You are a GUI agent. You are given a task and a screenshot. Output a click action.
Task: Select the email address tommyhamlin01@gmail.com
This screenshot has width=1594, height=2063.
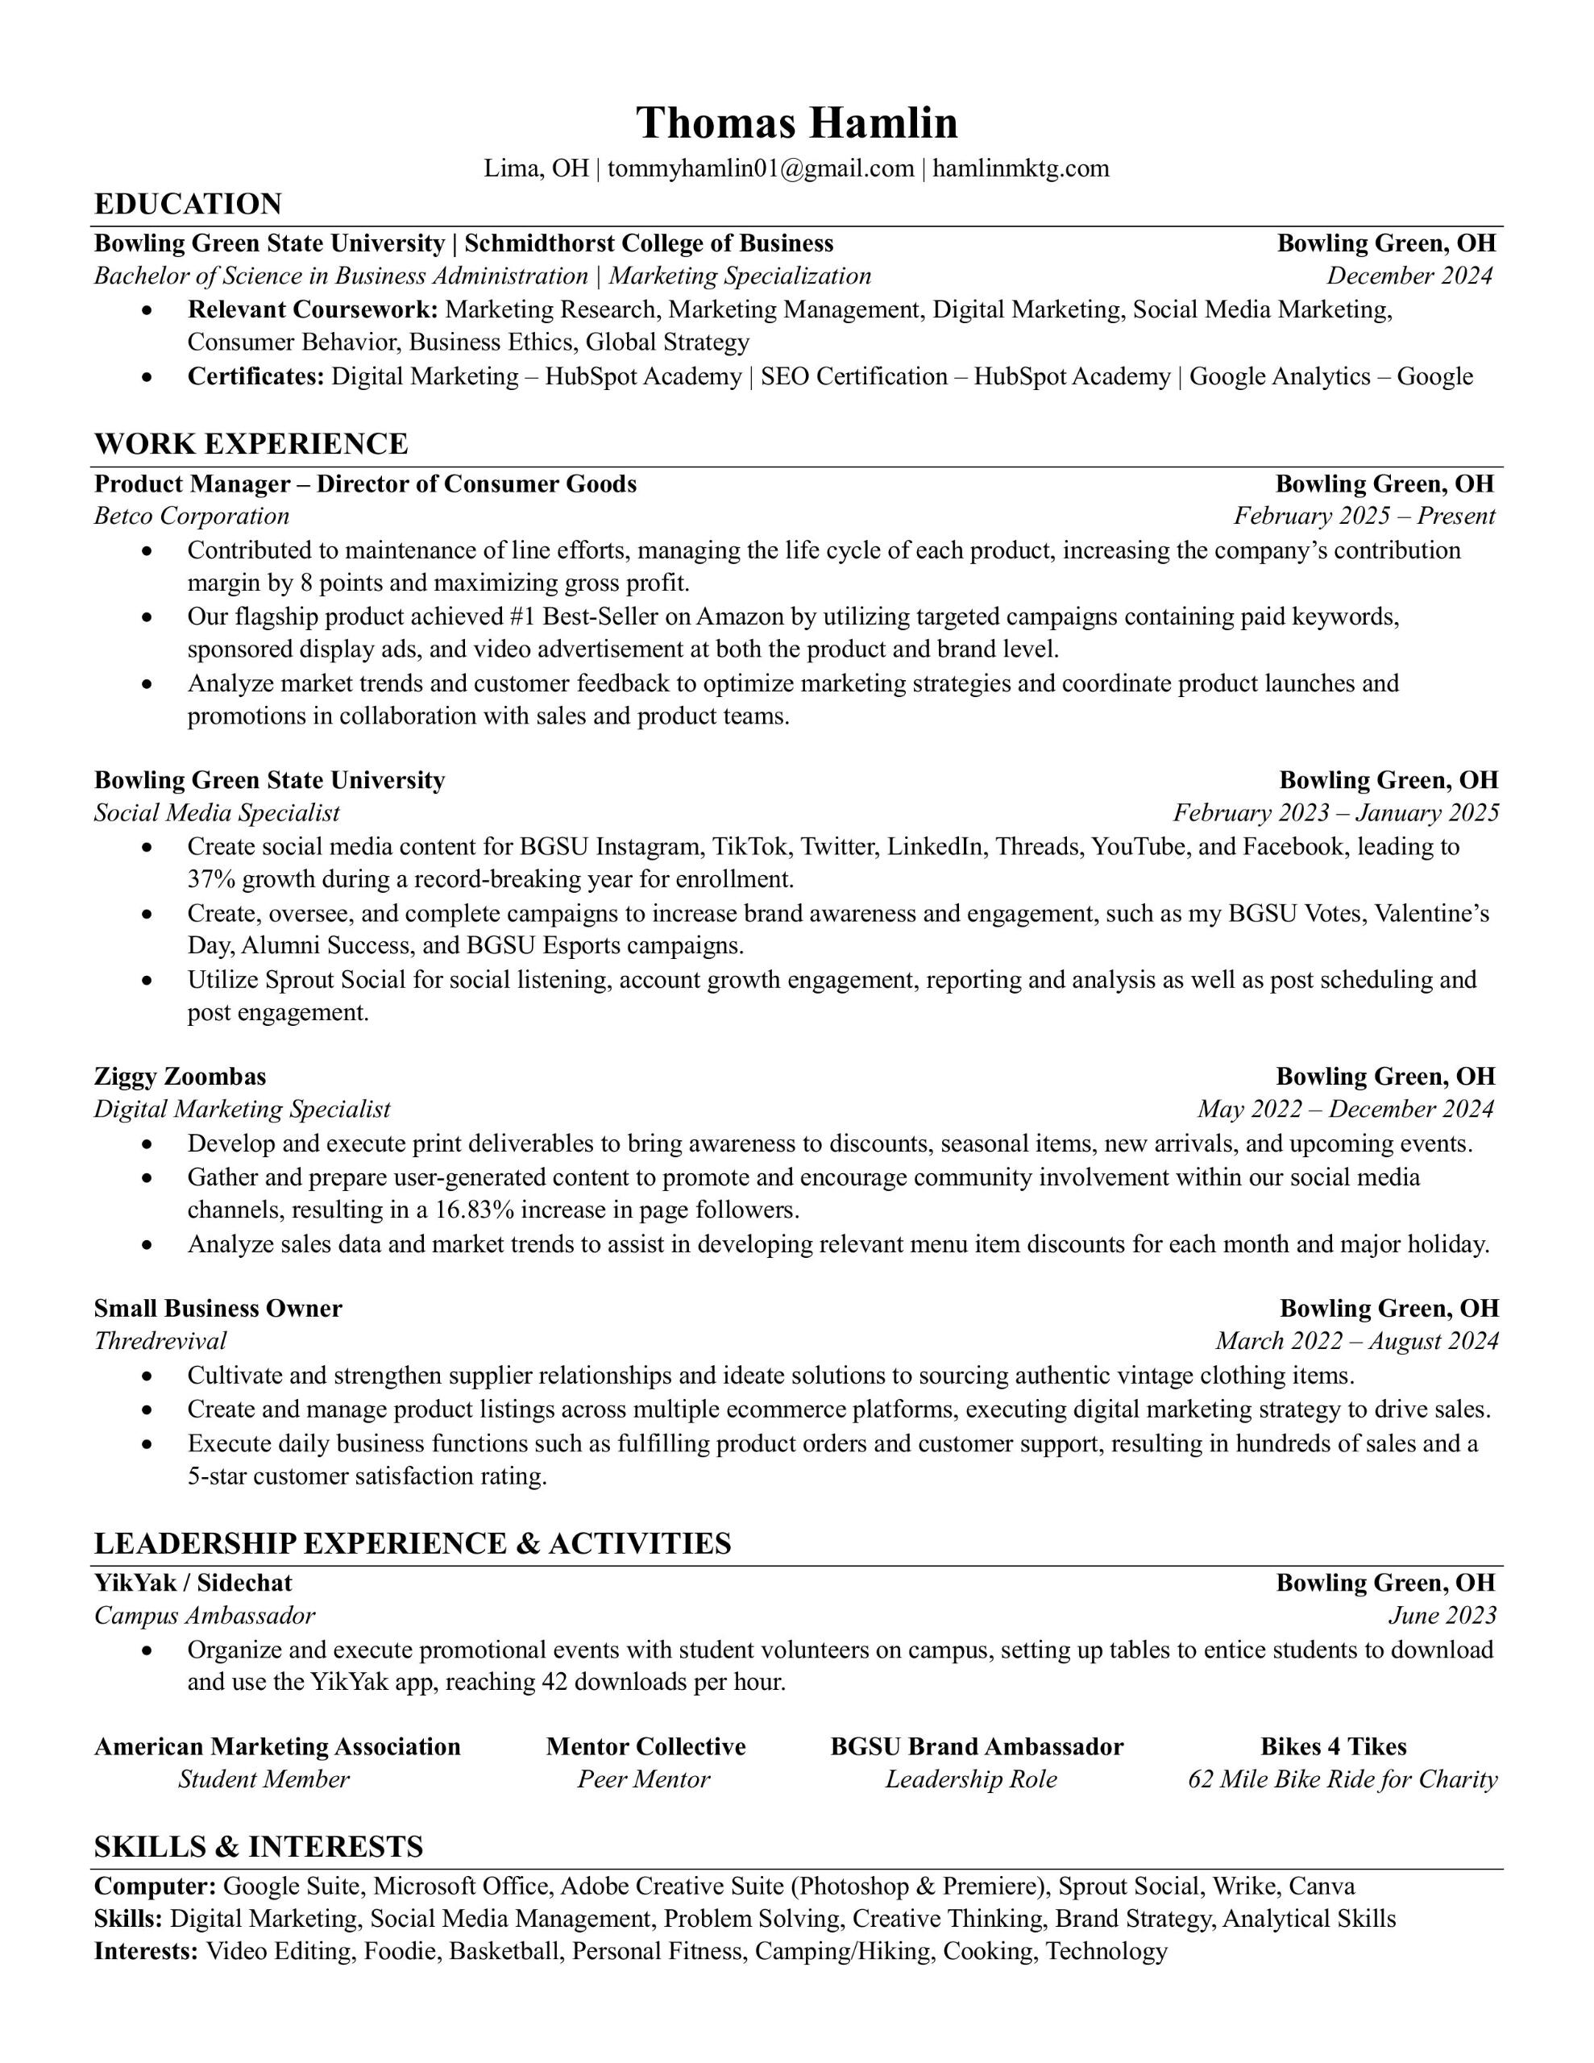761,169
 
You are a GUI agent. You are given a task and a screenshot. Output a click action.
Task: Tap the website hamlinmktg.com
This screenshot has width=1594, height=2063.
1020,169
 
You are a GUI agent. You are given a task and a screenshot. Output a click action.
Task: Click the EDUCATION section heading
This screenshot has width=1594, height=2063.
188,204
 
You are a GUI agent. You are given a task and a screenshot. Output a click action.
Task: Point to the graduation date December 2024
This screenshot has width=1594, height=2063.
1409,276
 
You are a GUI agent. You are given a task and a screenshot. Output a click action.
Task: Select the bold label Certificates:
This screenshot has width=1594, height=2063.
256,377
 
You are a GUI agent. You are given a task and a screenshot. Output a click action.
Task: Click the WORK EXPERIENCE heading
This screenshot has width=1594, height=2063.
251,444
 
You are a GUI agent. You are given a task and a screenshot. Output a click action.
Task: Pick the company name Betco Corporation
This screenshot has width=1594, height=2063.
192,517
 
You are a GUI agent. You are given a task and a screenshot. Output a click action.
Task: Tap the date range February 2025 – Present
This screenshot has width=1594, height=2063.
1364,517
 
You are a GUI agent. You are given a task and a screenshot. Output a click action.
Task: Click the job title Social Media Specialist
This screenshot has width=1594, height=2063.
217,813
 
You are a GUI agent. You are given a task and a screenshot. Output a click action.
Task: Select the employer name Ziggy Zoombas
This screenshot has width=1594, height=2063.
181,1077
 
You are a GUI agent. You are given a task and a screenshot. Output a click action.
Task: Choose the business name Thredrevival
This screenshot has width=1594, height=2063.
160,1341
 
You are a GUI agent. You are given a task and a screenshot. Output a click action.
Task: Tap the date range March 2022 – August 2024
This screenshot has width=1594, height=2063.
1356,1341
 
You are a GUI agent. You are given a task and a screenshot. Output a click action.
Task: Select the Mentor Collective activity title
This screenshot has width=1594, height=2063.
645,1746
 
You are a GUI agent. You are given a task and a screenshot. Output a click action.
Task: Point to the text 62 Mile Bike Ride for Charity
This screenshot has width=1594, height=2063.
1342,1779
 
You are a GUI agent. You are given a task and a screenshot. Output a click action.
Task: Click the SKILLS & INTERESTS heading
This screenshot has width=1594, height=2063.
259,1847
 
